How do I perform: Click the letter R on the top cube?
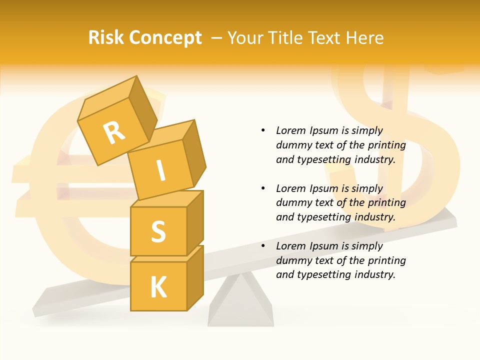[x=114, y=133]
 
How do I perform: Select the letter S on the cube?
[x=158, y=231]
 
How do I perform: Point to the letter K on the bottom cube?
[x=158, y=287]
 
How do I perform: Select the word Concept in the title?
[x=165, y=38]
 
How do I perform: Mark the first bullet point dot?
[x=263, y=130]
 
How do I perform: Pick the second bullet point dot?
[x=263, y=188]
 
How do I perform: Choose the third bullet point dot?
[x=263, y=246]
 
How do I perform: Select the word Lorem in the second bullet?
[x=291, y=188]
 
